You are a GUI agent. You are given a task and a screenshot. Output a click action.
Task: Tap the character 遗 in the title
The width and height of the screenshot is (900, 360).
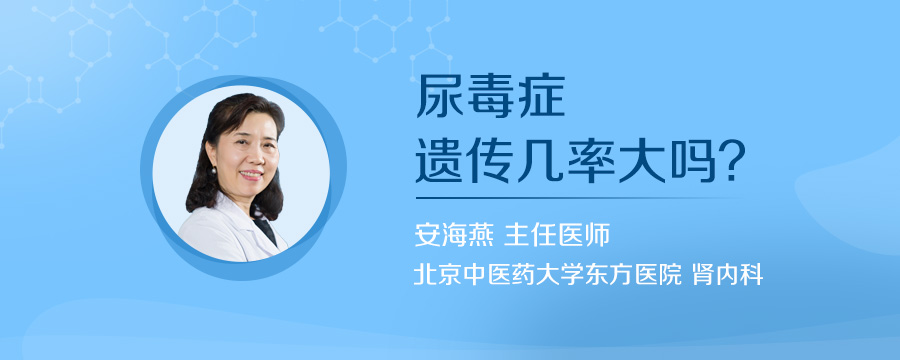(439, 161)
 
